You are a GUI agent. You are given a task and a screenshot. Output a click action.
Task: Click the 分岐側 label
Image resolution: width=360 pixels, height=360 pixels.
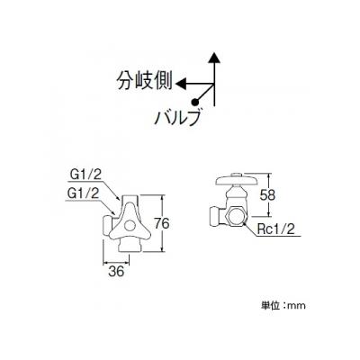click(x=145, y=81)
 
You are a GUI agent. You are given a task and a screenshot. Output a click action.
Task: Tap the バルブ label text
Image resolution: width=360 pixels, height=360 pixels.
click(x=177, y=117)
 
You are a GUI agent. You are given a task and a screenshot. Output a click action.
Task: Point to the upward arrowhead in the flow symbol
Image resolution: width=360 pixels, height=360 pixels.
click(x=214, y=58)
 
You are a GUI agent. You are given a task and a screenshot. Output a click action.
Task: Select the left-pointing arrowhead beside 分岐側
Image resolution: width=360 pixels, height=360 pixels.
click(x=181, y=84)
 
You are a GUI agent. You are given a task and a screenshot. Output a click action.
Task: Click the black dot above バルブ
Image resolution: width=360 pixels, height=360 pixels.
click(x=195, y=102)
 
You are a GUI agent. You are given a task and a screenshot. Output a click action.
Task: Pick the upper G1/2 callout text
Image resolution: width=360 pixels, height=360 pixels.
click(x=85, y=175)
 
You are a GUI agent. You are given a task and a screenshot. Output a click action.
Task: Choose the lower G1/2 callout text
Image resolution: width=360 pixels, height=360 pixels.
click(x=83, y=193)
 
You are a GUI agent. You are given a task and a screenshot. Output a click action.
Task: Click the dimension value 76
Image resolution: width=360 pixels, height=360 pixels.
click(x=161, y=223)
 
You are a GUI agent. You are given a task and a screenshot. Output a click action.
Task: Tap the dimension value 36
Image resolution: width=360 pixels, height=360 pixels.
click(x=116, y=272)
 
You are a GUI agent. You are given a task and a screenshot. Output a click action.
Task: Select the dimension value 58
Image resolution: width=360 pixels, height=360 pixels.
click(x=267, y=195)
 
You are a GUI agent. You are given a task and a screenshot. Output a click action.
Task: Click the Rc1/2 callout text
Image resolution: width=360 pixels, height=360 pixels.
click(x=276, y=229)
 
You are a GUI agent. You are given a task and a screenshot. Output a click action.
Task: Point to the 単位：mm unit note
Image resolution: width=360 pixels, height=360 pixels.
click(x=283, y=306)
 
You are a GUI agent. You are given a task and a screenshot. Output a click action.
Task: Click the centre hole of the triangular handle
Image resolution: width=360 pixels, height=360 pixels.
click(x=130, y=226)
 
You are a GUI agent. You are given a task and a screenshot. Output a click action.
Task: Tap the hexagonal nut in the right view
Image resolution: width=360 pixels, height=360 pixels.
click(x=236, y=216)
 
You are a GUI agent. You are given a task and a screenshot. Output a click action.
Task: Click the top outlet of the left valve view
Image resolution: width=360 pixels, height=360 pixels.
click(x=130, y=199)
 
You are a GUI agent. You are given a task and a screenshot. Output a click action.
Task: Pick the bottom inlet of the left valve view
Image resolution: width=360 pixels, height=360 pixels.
click(x=130, y=246)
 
